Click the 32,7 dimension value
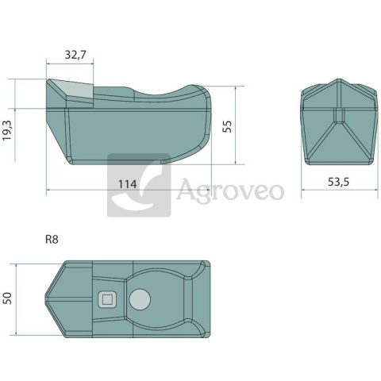click(75, 55)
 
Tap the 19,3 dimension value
click(7, 130)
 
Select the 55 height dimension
click(227, 126)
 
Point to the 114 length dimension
click(127, 184)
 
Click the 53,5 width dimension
click(338, 182)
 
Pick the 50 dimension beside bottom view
click(8, 298)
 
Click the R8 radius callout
click(52, 240)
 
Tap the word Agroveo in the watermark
click(230, 190)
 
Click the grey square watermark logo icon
click(139, 185)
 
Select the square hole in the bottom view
click(107, 300)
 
